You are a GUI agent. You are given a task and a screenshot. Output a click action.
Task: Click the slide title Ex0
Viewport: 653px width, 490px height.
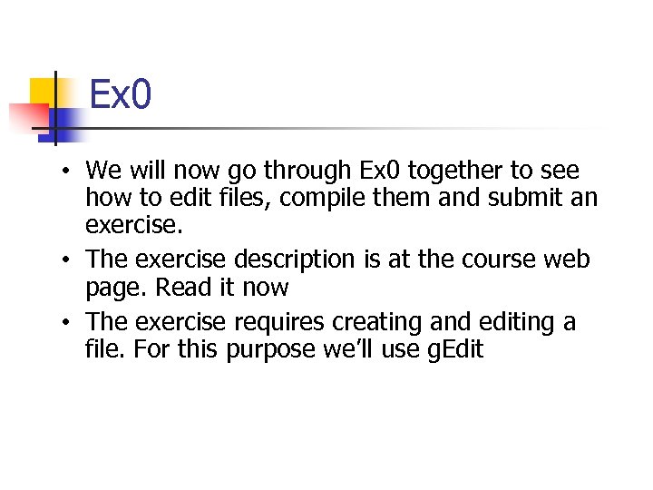point(120,94)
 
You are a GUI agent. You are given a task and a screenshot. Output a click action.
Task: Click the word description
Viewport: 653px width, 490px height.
point(294,260)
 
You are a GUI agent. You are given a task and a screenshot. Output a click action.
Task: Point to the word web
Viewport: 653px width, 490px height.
point(568,260)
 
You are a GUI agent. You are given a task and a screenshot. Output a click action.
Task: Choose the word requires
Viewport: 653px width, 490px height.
point(279,323)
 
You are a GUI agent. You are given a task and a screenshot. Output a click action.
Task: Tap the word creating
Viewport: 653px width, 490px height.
point(382,323)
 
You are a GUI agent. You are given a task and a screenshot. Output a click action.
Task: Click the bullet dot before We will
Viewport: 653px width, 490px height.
point(68,171)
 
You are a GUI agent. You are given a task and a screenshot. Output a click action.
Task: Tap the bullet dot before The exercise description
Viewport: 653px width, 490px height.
point(68,260)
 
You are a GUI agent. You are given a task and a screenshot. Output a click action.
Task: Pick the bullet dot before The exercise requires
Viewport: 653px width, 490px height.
point(68,323)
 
